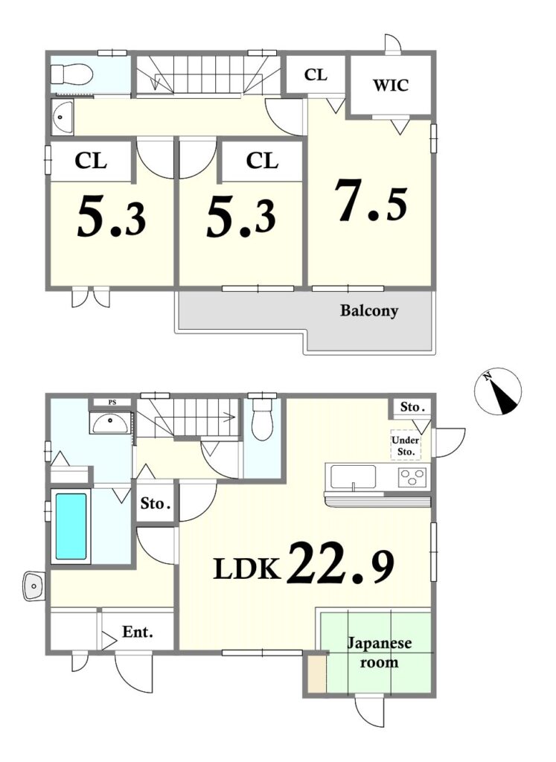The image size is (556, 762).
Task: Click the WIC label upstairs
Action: [x=391, y=85]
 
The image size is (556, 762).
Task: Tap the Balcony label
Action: [x=369, y=310]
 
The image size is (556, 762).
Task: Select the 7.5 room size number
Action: [x=371, y=201]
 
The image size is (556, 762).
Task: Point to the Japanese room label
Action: [x=379, y=653]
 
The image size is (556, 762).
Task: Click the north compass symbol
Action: [x=498, y=391]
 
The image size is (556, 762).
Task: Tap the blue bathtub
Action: [x=71, y=526]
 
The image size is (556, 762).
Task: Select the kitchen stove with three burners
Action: [x=412, y=476]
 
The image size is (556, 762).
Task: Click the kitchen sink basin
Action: [x=354, y=477]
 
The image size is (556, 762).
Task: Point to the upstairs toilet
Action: [x=71, y=74]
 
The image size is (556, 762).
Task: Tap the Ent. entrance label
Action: [x=138, y=633]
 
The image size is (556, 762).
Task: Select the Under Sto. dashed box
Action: [x=406, y=446]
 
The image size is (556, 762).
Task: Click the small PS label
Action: [x=112, y=403]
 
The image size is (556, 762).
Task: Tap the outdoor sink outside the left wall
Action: [x=34, y=586]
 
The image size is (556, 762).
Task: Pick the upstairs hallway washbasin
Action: [x=62, y=117]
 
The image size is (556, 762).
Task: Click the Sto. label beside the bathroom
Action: [x=156, y=504]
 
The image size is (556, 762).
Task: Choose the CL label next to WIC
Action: [x=316, y=75]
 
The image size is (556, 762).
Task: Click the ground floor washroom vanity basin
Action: [x=110, y=423]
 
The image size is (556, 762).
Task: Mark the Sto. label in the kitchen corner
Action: [x=412, y=407]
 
